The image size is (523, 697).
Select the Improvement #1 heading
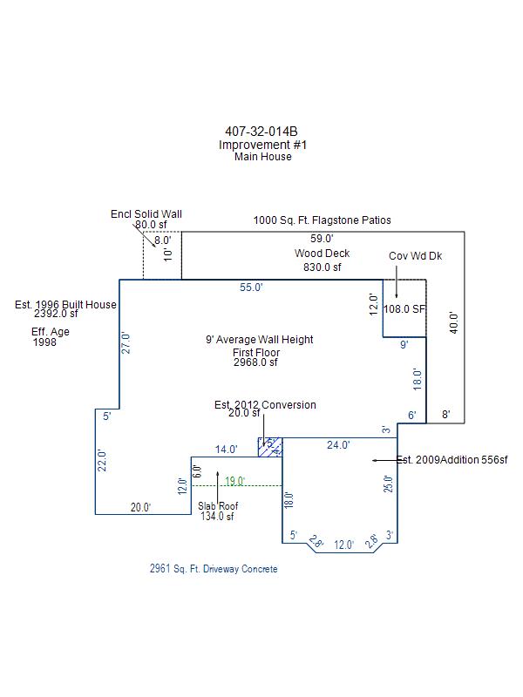tap(262, 145)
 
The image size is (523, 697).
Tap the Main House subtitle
tap(262, 157)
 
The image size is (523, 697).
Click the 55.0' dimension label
tap(251, 288)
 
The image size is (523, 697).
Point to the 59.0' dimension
tap(323, 238)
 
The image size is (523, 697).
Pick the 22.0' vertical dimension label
tap(102, 460)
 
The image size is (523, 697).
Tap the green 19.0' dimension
tap(234, 481)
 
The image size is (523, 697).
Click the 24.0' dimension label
tap(337, 445)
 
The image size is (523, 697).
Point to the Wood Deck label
tap(322, 254)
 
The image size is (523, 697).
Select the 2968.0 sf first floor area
tap(255, 362)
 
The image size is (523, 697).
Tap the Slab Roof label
tap(217, 505)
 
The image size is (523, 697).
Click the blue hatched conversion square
tap(269, 446)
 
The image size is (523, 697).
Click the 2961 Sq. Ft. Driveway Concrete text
tap(214, 569)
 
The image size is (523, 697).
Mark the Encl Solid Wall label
tap(146, 213)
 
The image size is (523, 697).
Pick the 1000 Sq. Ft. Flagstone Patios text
tap(323, 220)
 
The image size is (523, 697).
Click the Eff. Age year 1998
tap(44, 343)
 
